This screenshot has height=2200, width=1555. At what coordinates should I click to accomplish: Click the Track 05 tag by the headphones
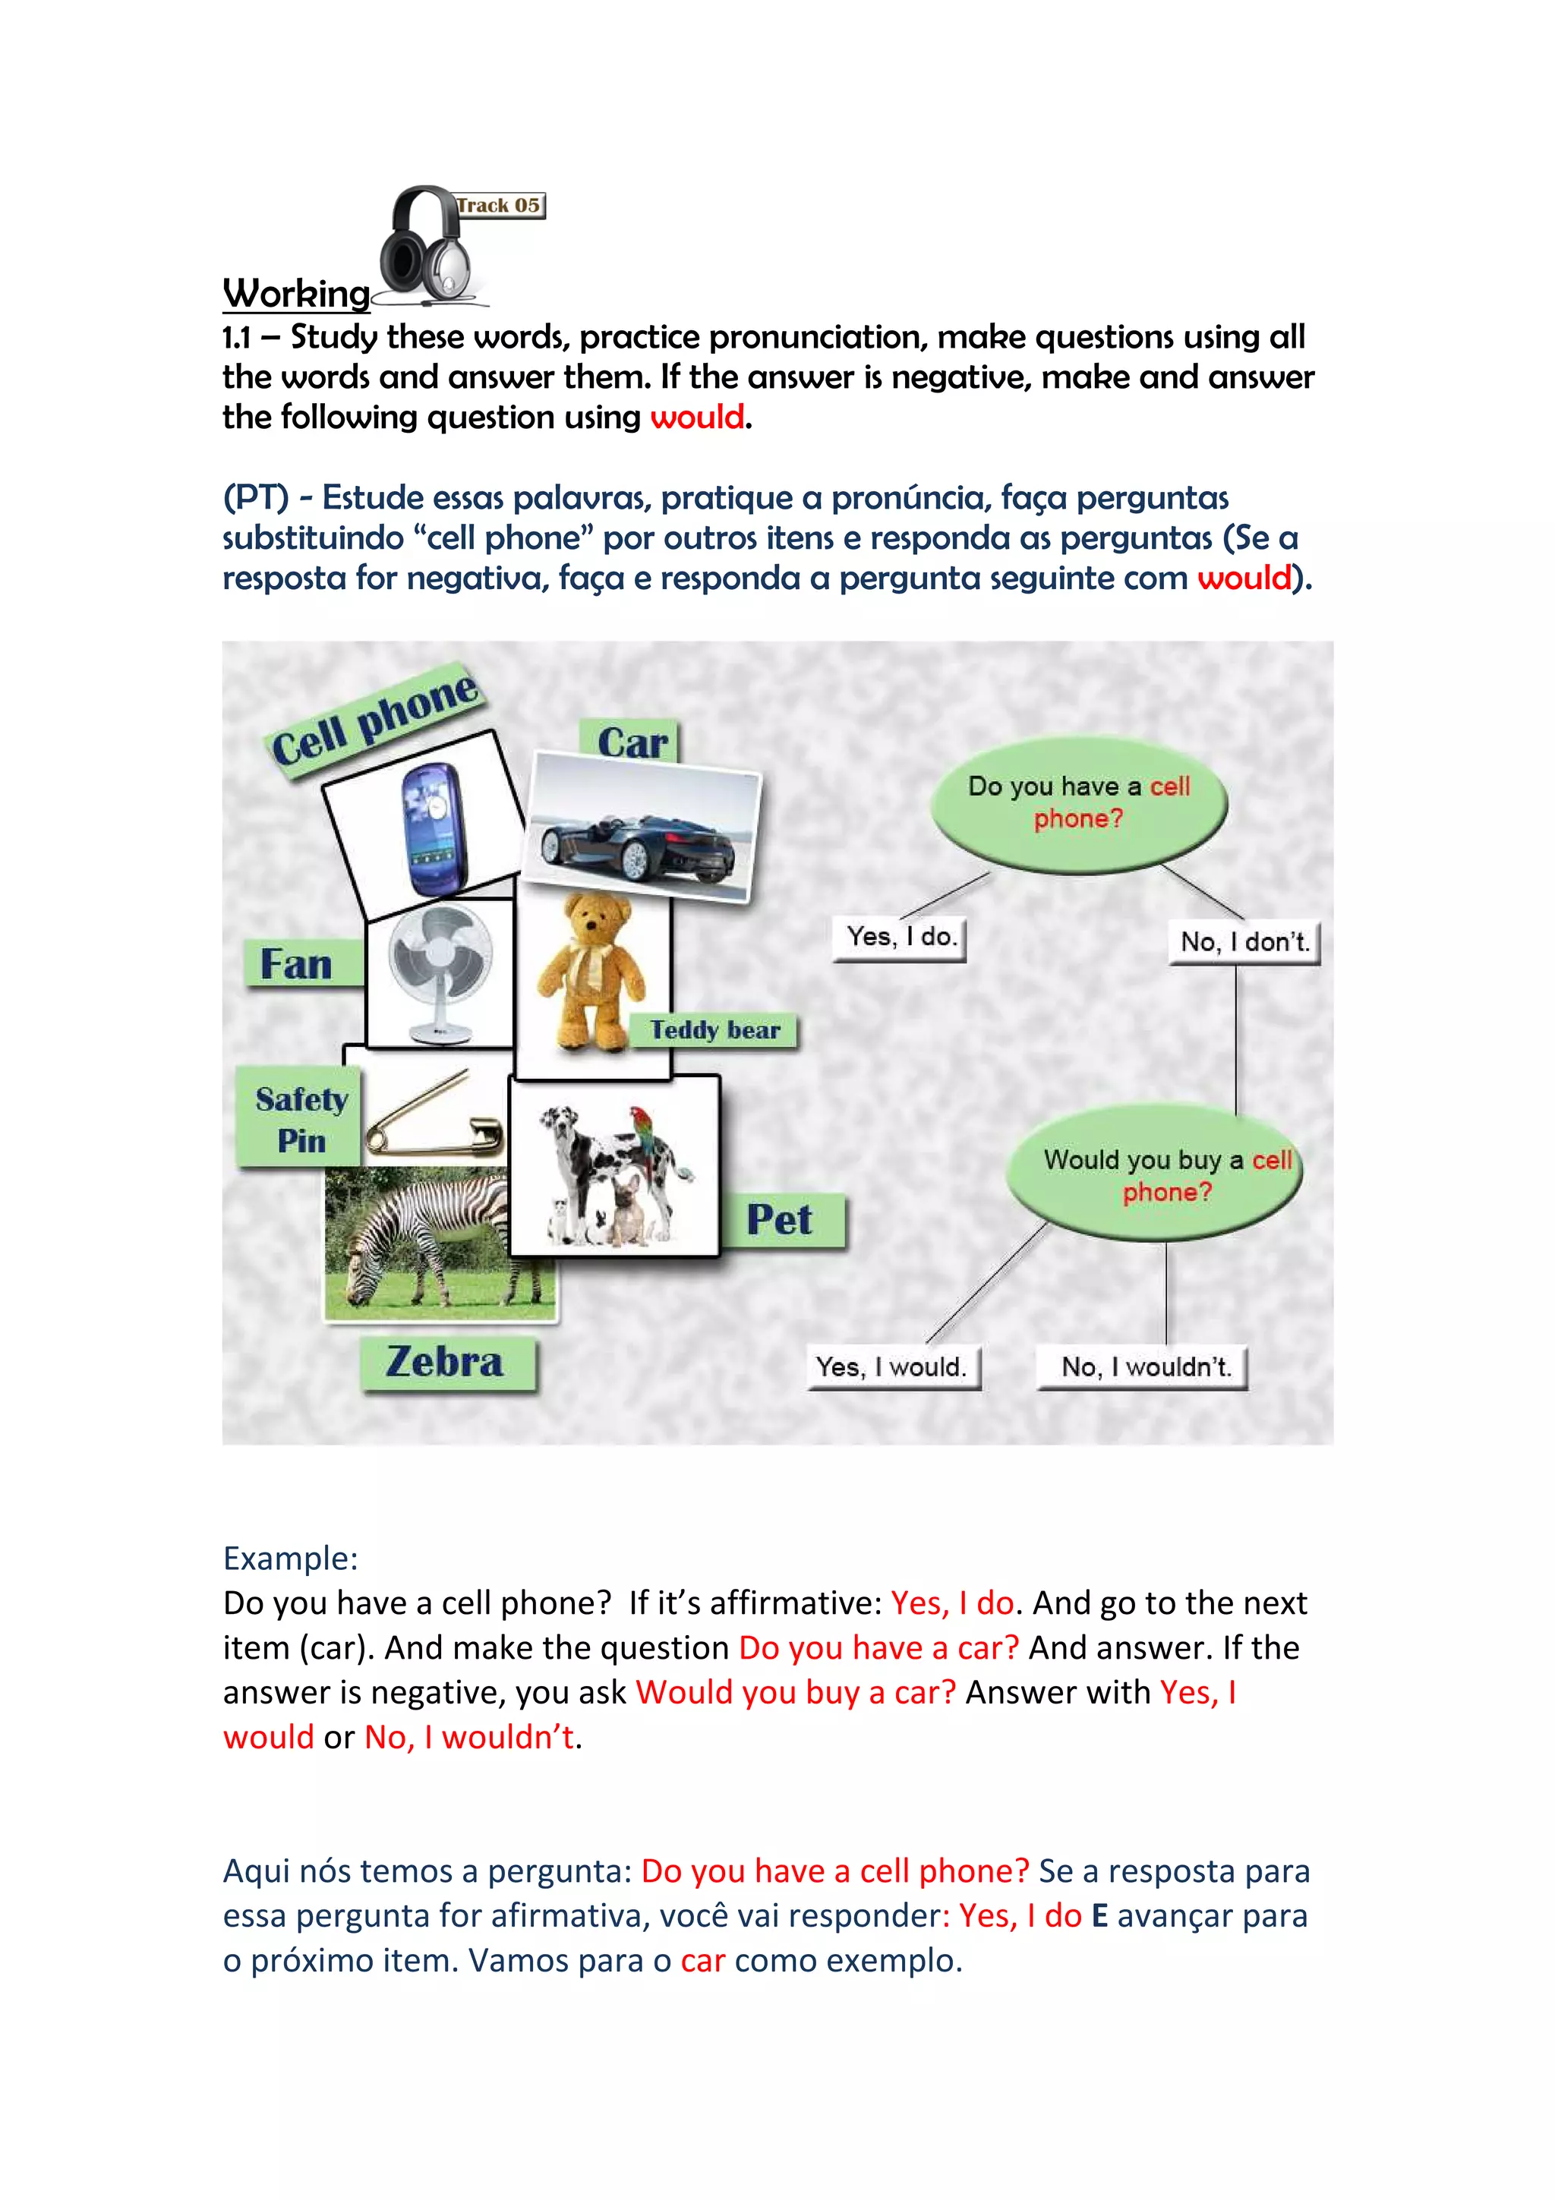click(x=499, y=205)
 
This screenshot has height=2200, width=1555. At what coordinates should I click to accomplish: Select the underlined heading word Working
click(x=296, y=294)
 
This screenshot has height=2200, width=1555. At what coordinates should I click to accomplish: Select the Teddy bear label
click(x=714, y=1030)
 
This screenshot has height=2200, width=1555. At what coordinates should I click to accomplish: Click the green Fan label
click(x=297, y=964)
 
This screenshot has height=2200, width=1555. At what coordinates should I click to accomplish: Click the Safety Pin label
click(x=301, y=1119)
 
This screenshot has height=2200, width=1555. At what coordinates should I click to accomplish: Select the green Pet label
click(x=780, y=1220)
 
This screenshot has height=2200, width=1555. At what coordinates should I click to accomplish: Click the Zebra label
click(x=446, y=1363)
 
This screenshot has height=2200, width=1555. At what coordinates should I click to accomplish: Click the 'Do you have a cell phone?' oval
click(x=1079, y=803)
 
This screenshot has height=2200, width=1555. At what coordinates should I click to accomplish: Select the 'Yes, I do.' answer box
click(x=901, y=936)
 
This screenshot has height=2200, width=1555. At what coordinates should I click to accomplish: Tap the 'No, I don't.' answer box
click(x=1244, y=942)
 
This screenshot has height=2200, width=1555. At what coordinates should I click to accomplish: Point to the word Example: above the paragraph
click(x=290, y=1558)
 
